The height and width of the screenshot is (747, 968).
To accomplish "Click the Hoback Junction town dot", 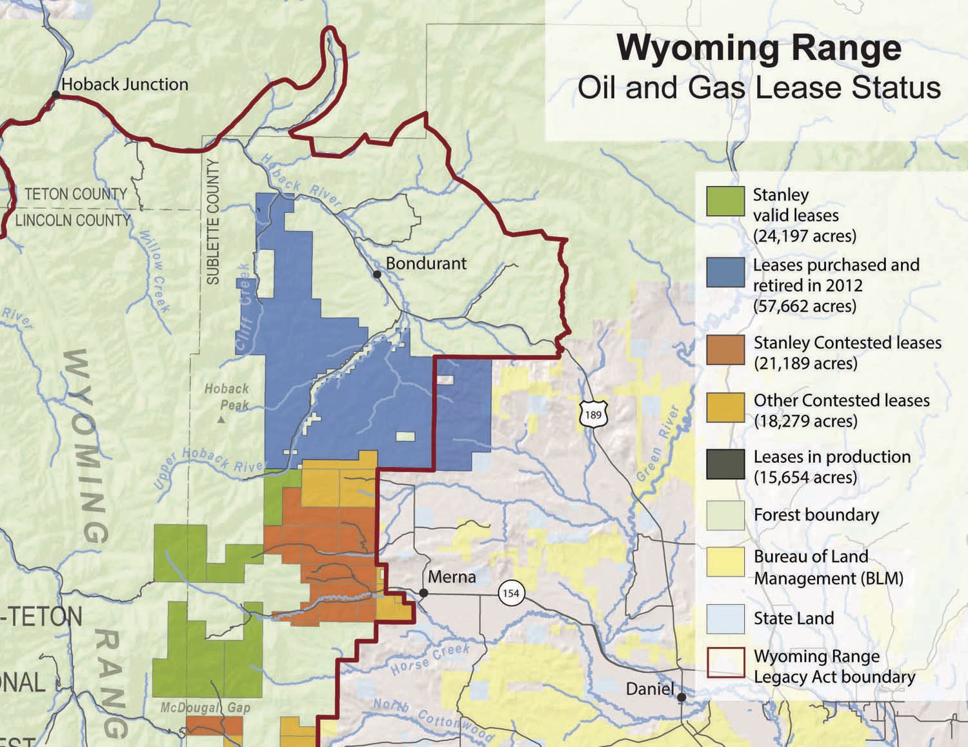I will point(56,95).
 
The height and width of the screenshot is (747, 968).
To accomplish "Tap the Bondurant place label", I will point(426,263).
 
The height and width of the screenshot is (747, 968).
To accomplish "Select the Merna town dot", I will point(423,593).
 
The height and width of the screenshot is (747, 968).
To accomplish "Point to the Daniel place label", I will point(650,689).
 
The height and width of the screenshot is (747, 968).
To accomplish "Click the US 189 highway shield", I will point(592,413).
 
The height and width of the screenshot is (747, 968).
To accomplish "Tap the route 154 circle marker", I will point(510,593).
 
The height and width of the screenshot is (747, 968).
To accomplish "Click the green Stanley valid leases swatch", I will point(725,201).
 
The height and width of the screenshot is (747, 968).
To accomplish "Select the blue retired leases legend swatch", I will point(725,272).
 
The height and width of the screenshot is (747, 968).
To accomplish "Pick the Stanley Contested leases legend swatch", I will point(725,349).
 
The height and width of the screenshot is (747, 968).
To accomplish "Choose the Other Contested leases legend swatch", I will point(725,407).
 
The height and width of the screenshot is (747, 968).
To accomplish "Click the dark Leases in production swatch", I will point(725,464).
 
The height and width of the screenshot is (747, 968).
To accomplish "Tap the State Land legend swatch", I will point(725,619).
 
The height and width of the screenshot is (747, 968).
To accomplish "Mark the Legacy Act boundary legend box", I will point(725,662).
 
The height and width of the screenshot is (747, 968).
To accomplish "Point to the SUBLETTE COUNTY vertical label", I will point(213,221).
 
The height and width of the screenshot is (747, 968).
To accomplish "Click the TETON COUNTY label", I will point(76,194).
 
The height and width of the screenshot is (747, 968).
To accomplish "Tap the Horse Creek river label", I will point(430,659).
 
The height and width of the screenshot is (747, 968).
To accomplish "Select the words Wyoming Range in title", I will point(759,48).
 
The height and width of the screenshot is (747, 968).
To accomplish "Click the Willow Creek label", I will point(155,271).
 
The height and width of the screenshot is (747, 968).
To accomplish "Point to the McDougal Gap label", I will point(205,708).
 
